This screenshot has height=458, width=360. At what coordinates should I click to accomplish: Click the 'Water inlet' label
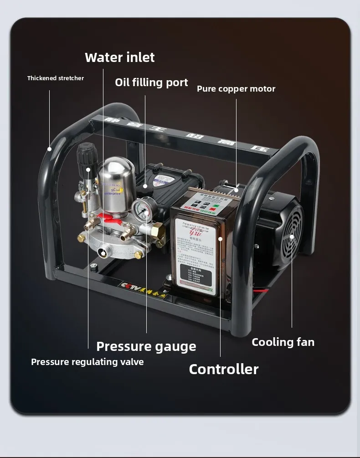(x=119, y=57)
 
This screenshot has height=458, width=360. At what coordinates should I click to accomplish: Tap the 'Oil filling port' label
(x=151, y=82)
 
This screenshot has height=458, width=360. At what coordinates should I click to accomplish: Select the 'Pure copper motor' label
(x=236, y=89)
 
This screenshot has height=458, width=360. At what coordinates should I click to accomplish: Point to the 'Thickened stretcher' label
(x=56, y=78)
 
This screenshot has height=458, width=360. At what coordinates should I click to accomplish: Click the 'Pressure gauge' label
(x=146, y=346)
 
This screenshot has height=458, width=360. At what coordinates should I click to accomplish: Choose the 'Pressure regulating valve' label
(x=87, y=362)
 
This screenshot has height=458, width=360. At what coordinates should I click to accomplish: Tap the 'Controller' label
(x=224, y=369)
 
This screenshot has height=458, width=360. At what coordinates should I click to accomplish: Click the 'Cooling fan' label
(x=283, y=342)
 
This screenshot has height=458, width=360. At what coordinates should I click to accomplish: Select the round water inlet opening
(x=103, y=253)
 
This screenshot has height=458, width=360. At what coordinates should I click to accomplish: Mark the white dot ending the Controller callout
(x=220, y=238)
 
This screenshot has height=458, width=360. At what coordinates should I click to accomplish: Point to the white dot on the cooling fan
(x=292, y=237)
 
